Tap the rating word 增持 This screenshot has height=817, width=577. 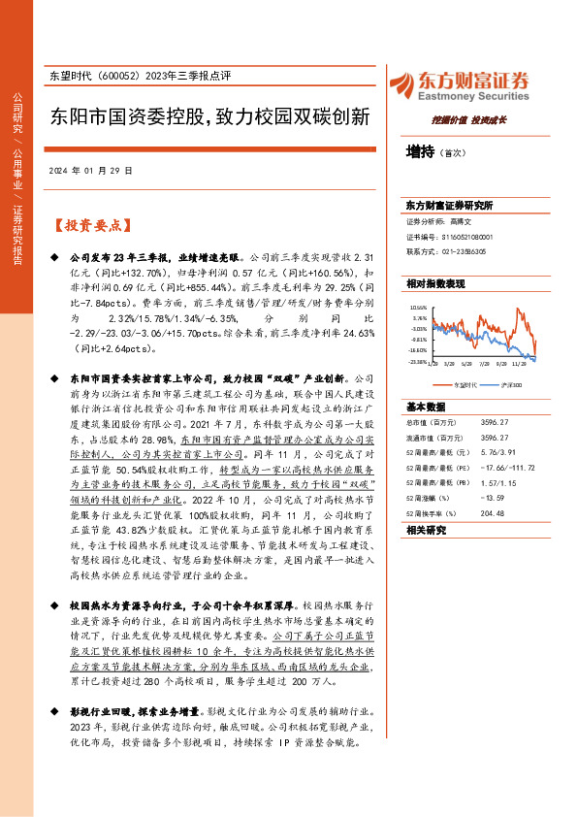[420, 151]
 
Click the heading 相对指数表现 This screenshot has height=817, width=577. [435, 283]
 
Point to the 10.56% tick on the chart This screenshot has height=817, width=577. [419, 307]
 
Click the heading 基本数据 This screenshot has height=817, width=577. [427, 407]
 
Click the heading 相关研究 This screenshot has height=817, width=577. [427, 530]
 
